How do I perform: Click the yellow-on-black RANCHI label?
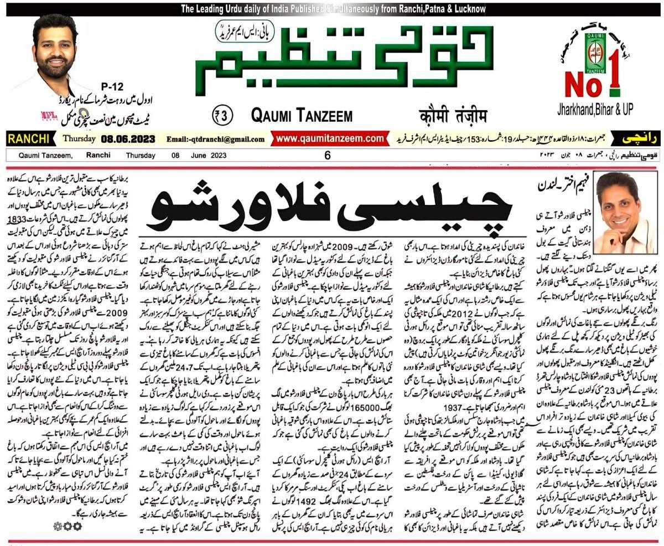(x=28, y=138)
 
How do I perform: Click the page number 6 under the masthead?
(x=328, y=156)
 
